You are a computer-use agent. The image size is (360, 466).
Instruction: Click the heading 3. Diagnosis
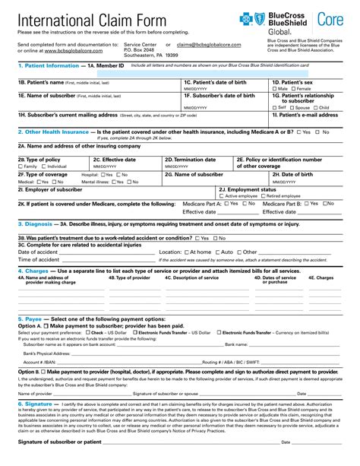pos(34,224)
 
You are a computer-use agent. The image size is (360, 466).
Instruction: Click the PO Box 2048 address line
pos(140,51)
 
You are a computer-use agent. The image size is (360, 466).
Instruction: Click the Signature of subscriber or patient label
pos(59,442)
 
